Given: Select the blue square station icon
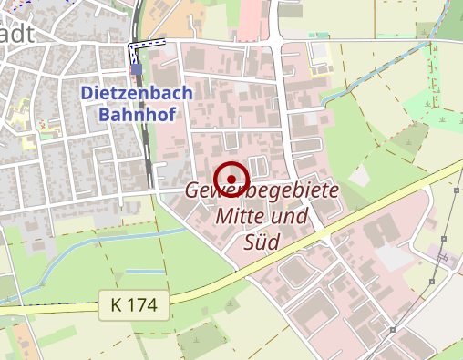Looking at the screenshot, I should click(x=136, y=68).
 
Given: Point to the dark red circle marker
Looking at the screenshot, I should click(x=232, y=178).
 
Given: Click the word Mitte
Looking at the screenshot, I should click(x=242, y=218).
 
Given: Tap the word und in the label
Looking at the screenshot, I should click(x=290, y=218).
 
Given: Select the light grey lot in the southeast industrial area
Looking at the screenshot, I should click(x=394, y=257).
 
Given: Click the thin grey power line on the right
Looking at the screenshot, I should click(x=448, y=228).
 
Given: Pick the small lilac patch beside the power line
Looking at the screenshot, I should click(x=444, y=258).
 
